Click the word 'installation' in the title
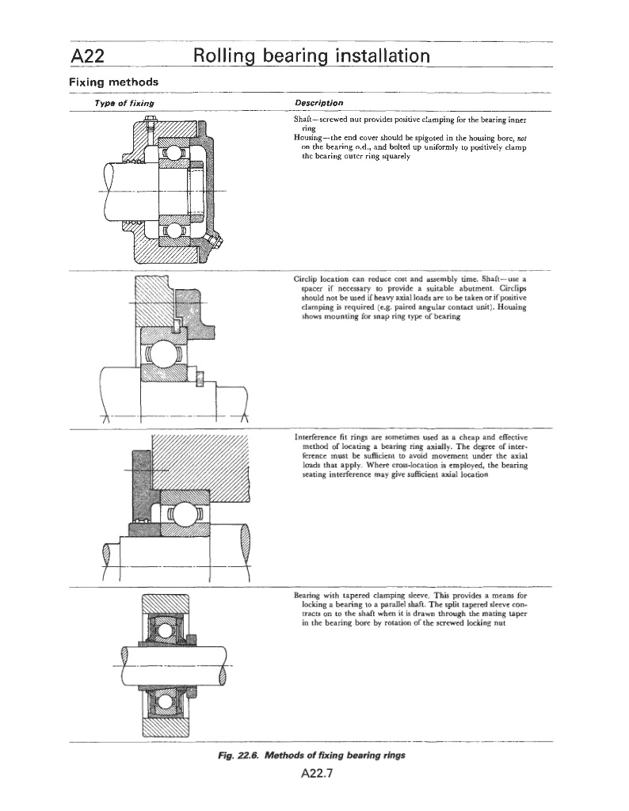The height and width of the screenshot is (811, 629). [x=371, y=55]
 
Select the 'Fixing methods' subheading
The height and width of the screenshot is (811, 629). [x=113, y=82]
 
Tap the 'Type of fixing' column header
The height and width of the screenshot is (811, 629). [x=124, y=104]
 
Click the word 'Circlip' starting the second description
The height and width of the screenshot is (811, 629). [x=305, y=280]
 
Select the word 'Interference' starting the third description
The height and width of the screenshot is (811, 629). [x=314, y=436]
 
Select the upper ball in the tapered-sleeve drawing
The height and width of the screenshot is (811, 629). [x=164, y=630]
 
